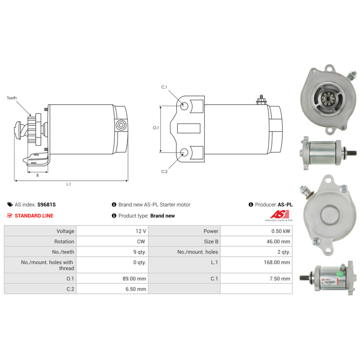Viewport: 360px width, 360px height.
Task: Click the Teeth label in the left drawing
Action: (x=12, y=98)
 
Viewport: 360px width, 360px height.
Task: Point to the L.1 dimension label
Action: (x=68, y=184)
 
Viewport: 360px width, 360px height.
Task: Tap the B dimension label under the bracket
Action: (x=37, y=175)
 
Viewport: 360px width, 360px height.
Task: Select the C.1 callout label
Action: (x=164, y=87)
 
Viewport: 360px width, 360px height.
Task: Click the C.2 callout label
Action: (x=164, y=171)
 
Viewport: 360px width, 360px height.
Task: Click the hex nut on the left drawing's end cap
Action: (x=121, y=125)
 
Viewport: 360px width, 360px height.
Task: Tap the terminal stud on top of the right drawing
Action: (x=261, y=99)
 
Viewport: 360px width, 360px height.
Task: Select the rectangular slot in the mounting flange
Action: (x=189, y=128)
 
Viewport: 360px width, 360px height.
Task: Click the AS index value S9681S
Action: (x=46, y=205)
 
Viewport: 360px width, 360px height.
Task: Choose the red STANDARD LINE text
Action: (x=34, y=216)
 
